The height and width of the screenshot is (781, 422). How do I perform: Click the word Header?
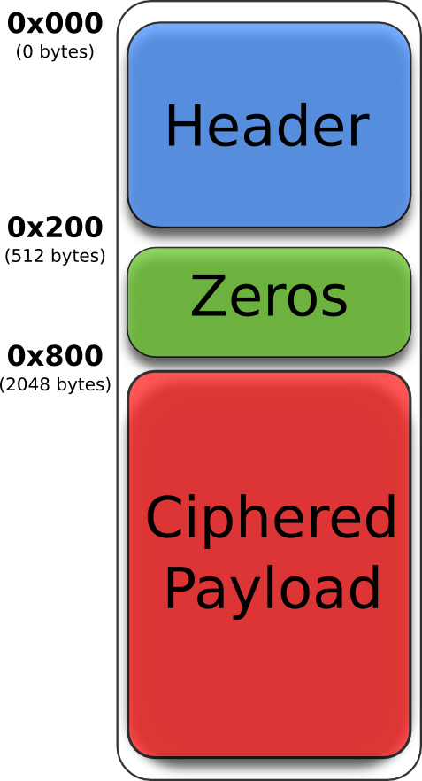coord(267,126)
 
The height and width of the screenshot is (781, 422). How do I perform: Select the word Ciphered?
coord(271,519)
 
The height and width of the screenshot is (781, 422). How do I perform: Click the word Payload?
coord(272,588)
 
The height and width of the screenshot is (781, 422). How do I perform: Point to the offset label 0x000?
coord(55,23)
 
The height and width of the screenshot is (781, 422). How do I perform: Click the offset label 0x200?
coord(55,228)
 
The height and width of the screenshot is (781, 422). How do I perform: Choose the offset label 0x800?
coord(55,356)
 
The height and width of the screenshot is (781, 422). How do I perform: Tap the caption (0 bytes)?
coord(55,52)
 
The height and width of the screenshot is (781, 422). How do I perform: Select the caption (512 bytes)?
coord(55,257)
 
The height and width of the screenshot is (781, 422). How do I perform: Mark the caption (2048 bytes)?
coord(55,385)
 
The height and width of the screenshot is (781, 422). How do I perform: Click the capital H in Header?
coord(184,126)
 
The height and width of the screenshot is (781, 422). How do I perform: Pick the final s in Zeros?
coord(334,301)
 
